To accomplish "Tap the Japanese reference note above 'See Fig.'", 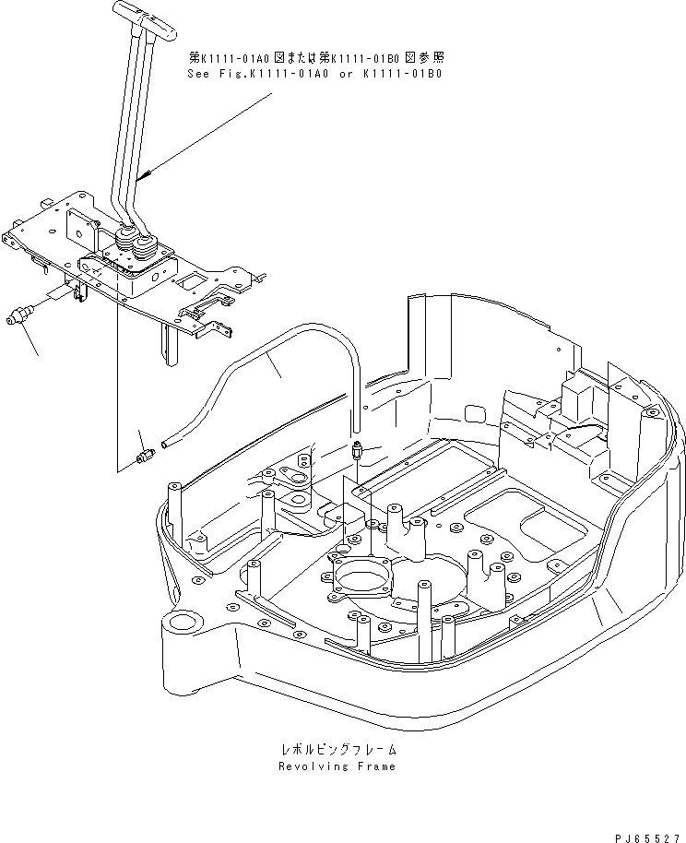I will (x=314, y=56).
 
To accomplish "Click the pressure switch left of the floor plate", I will (x=18, y=317).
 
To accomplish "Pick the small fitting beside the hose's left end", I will (x=143, y=456).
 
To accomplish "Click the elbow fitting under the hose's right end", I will (x=357, y=452).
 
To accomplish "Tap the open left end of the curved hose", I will (x=166, y=445).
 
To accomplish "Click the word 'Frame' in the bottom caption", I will (x=377, y=766).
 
